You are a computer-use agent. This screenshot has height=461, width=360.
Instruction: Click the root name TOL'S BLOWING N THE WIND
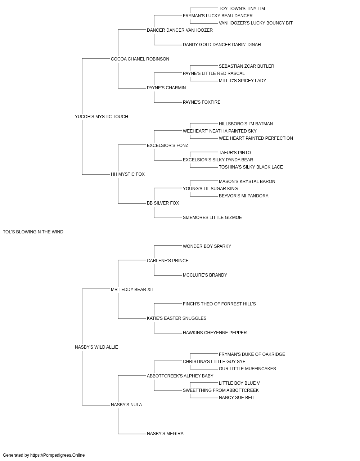tap(33, 232)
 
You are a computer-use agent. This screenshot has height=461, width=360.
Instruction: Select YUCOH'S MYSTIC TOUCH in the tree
tap(102, 117)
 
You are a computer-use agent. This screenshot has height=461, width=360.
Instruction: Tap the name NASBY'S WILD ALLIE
tap(96, 347)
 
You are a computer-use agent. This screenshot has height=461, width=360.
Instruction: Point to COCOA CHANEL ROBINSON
tap(140, 59)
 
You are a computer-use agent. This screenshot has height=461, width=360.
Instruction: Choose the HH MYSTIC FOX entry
tap(128, 174)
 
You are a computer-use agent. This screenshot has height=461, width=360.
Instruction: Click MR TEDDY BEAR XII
tap(132, 289)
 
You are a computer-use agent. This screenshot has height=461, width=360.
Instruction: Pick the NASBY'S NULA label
tap(126, 404)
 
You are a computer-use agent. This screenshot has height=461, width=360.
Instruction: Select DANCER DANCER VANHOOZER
tap(180, 30)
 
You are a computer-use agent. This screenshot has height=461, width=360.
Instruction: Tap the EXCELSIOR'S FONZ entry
tap(167, 145)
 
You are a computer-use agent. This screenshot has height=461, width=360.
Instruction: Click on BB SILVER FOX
tap(163, 203)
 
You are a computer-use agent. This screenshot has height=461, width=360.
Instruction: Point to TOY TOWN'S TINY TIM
tap(242, 9)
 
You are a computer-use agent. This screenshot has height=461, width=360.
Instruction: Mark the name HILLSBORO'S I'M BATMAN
tap(246, 124)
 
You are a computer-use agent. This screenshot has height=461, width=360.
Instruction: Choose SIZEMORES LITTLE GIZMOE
tap(212, 218)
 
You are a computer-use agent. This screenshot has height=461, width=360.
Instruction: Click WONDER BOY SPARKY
tap(207, 246)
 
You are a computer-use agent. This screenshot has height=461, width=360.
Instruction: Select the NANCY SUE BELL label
tap(237, 397)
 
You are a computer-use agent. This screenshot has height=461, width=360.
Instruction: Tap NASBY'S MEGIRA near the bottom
tap(165, 433)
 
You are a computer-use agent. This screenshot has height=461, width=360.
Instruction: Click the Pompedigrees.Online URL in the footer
tap(57, 455)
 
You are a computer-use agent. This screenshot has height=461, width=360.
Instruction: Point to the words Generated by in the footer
tap(16, 455)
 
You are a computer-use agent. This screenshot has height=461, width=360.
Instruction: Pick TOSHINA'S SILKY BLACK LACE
tap(251, 167)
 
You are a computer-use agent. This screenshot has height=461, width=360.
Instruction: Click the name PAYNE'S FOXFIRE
tap(202, 102)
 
